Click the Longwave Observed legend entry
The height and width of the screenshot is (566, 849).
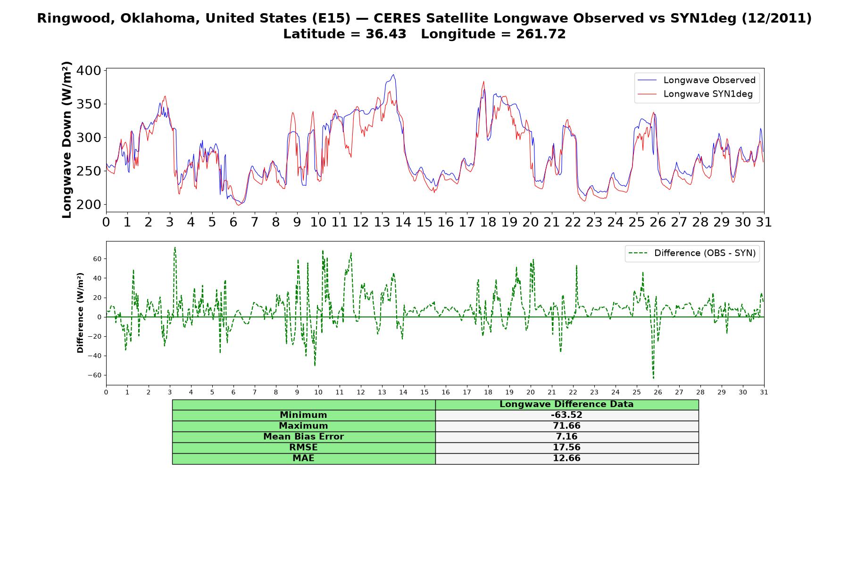coord(696,80)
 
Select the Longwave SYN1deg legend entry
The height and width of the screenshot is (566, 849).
coord(695,94)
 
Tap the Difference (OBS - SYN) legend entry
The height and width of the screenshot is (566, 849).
coord(692,253)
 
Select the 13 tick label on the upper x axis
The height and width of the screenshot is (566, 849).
coord(382,222)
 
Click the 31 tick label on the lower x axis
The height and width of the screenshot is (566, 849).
coord(764,392)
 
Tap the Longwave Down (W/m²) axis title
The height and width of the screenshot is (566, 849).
coord(67,140)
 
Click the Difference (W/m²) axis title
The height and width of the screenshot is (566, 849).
coord(80,313)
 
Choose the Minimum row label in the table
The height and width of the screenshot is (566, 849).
coord(303,415)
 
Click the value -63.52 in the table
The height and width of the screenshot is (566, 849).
coord(566,415)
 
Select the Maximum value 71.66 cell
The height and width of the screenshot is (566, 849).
coord(566,426)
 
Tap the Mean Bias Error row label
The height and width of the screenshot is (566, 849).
coord(303,437)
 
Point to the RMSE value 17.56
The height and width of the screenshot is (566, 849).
coord(566,448)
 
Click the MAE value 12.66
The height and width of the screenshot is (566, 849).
coord(566,458)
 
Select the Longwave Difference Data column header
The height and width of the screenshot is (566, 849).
coord(566,404)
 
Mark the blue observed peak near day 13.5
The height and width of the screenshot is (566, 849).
coord(393,75)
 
